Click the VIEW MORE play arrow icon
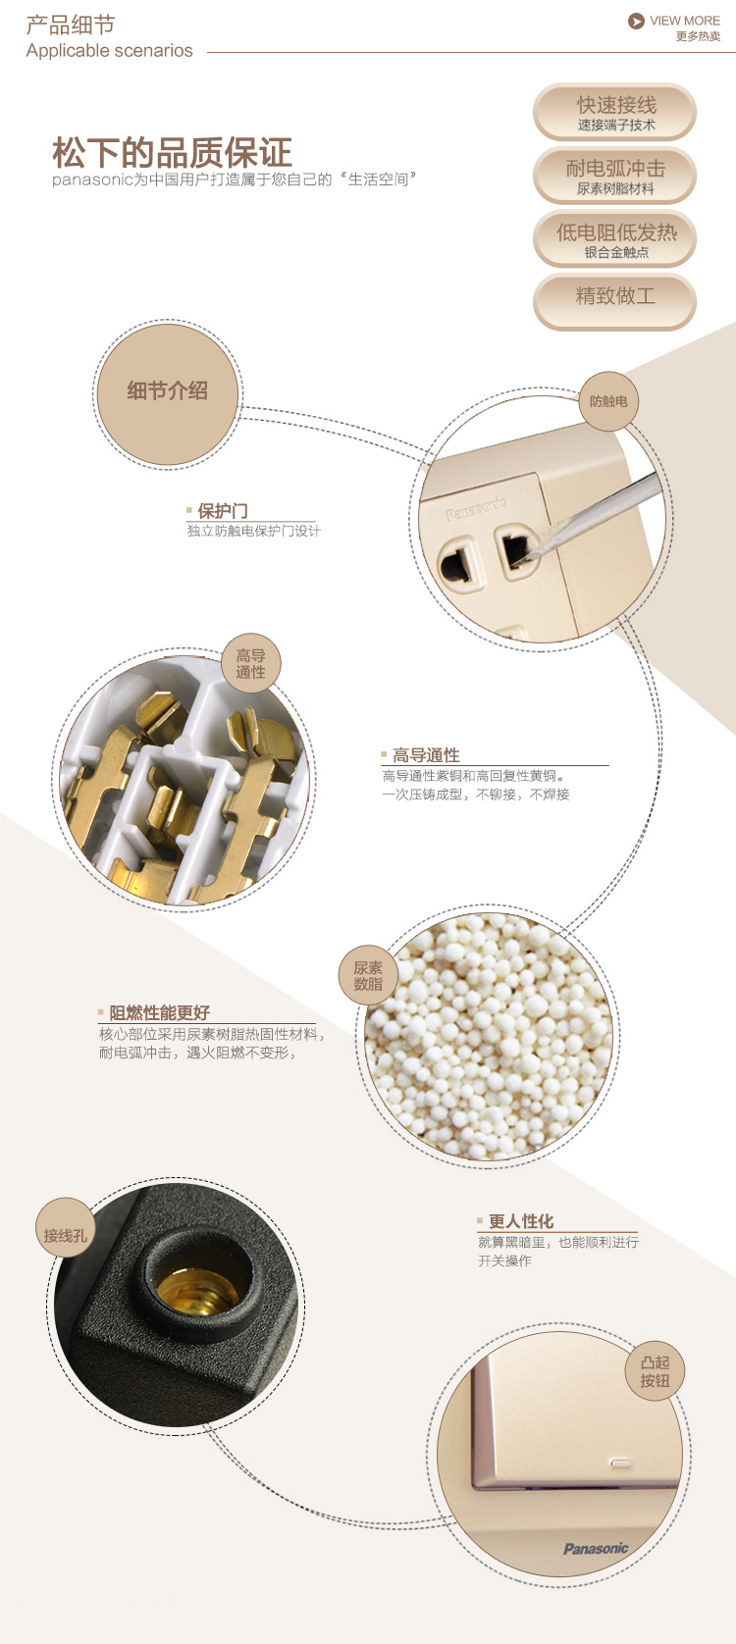pos(636,22)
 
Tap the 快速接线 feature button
pos(614,112)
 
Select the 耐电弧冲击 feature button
pos(614,176)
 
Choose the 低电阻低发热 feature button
pos(614,239)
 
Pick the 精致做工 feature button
pos(614,302)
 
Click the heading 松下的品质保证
pos(172,153)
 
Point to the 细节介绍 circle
pos(168,394)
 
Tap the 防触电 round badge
pos(609,401)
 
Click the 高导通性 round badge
pos(251,663)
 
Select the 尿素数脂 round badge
pos(368,975)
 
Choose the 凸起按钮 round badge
pos(655,1371)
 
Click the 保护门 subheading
pos(223,511)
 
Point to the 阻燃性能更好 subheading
pos(159,1013)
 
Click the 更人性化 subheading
pos(521,1221)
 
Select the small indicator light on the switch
pos(620,1463)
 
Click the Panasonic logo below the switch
pos(596,1548)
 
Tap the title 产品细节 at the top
pos(71,25)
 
